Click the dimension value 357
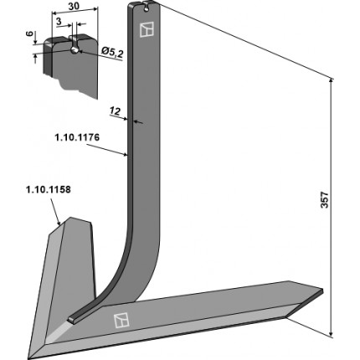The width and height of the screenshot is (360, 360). click(325, 199)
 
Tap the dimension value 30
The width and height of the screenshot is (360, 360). click(74, 6)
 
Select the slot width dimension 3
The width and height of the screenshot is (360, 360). click(59, 22)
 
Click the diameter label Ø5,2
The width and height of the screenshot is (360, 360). click(112, 52)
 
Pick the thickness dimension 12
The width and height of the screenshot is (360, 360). click(115, 111)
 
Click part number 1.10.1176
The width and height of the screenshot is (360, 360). click(77, 137)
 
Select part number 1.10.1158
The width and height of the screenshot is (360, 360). click(49, 190)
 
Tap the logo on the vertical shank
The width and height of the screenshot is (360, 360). click(147, 29)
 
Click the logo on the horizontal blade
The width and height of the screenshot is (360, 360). click(121, 320)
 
